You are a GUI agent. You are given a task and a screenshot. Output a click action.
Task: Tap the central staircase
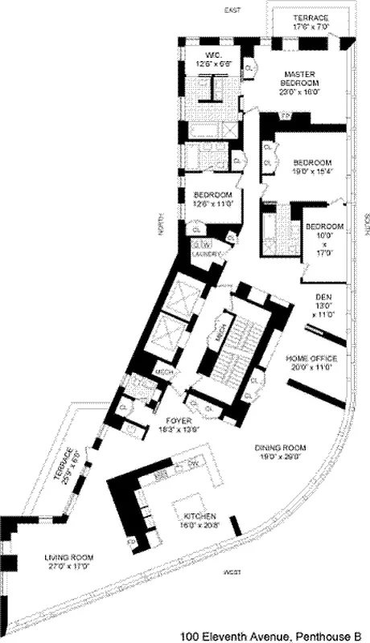click(233, 354)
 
